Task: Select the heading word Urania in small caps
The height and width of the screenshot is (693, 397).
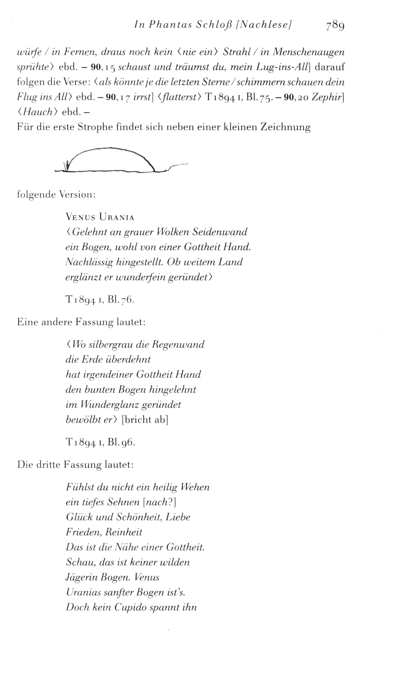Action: coord(117,217)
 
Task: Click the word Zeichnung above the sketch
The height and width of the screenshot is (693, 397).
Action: coord(285,127)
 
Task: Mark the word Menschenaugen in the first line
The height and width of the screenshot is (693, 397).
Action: coord(309,52)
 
